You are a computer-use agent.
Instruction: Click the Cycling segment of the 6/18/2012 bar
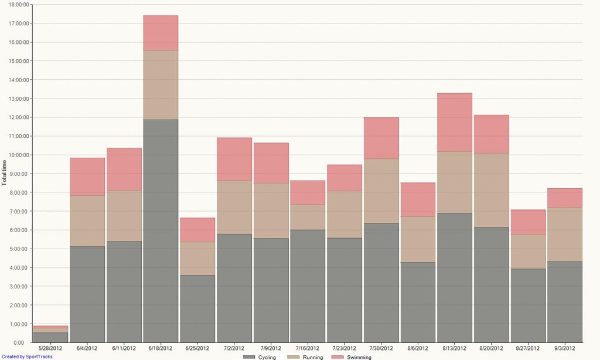tap(161, 231)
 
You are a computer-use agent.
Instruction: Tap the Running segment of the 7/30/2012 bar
tap(381, 191)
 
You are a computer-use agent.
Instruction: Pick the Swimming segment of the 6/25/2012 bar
tap(197, 230)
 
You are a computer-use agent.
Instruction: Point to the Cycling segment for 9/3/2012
tap(565, 302)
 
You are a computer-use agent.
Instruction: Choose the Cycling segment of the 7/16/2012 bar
tap(308, 286)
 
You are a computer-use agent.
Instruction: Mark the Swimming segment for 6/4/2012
tap(87, 176)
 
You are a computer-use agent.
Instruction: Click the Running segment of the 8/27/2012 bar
tap(528, 252)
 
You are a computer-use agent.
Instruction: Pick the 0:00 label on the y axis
tap(19, 342)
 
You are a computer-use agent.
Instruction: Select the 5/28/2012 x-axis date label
tap(50, 348)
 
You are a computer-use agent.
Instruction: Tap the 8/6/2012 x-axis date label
tap(418, 348)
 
